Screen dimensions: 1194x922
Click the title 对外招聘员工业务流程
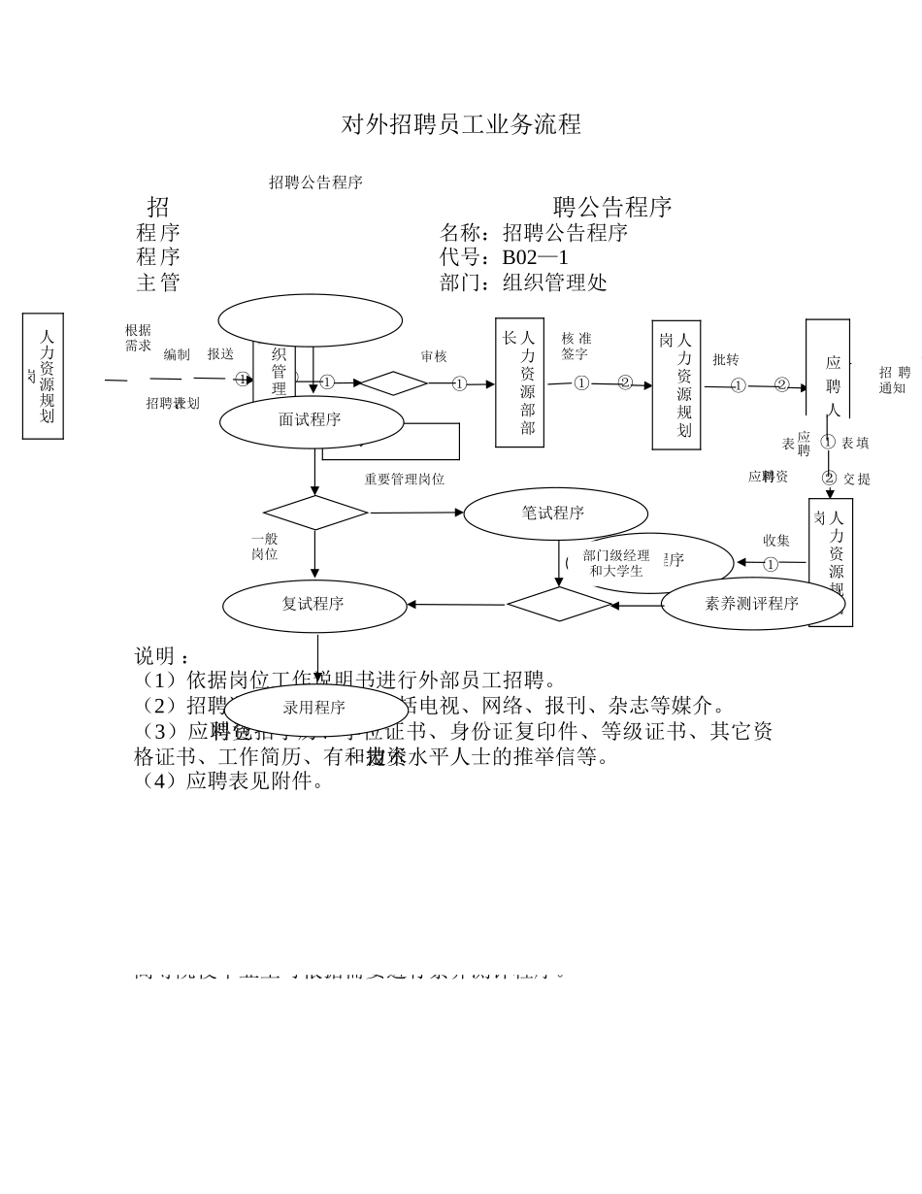(461, 124)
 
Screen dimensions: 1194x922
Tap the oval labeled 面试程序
(311, 421)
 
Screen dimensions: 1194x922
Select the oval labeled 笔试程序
(554, 514)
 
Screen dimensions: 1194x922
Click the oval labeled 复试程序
(313, 605)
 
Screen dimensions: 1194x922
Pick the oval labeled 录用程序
(315, 709)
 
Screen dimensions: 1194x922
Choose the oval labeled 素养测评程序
(752, 604)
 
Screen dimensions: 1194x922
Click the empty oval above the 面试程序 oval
(310, 320)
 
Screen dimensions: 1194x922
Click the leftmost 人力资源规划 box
(44, 376)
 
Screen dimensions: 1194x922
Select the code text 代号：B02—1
(504, 257)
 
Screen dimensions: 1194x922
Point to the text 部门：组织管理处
(523, 282)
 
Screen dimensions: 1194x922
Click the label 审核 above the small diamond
(434, 357)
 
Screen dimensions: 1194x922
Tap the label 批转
(725, 360)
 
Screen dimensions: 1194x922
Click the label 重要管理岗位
(404, 480)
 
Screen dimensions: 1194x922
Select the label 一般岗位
(264, 547)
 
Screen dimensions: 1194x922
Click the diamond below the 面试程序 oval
(314, 513)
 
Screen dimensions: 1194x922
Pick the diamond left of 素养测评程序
(558, 604)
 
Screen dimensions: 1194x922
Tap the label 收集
(775, 541)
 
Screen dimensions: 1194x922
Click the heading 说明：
(162, 656)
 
